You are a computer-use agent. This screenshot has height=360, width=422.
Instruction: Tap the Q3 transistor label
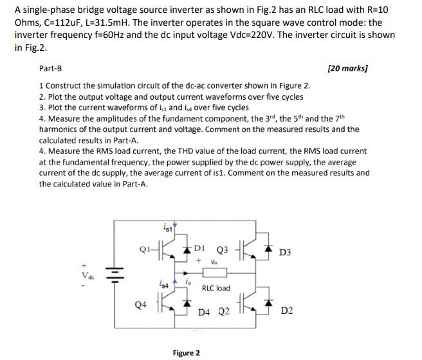coord(223,250)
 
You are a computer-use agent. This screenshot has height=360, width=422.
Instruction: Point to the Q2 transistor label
coord(223,312)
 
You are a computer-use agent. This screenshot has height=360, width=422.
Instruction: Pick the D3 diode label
coord(286,253)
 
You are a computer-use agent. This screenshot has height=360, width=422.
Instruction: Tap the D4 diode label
coord(205,312)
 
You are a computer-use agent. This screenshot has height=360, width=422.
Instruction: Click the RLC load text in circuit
coord(216,288)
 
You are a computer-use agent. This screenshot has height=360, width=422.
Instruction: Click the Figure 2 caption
coord(187,352)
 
